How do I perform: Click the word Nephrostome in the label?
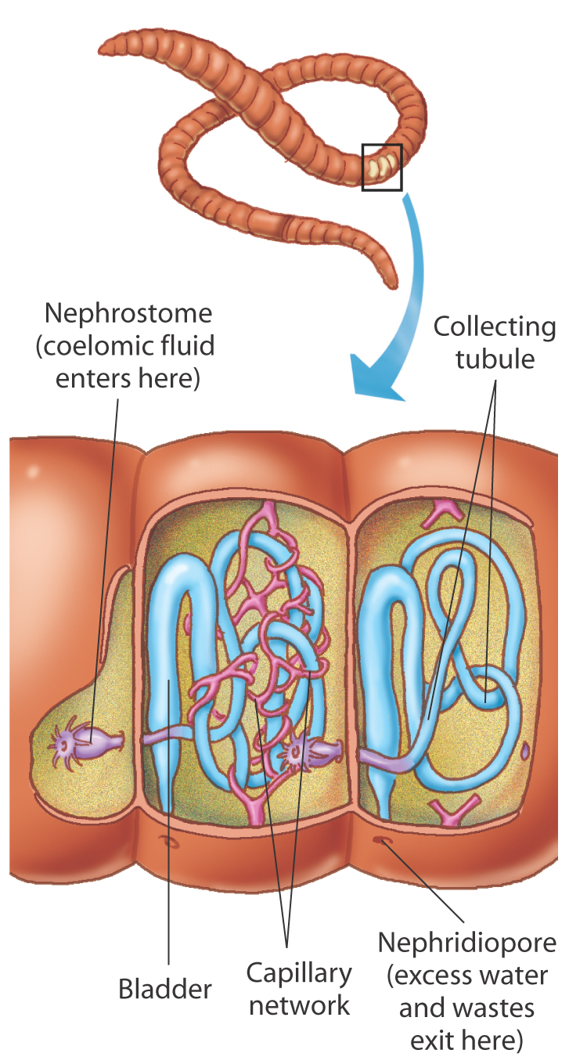click(x=128, y=314)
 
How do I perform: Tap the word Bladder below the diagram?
click(x=165, y=989)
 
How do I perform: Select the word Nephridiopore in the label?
click(x=466, y=943)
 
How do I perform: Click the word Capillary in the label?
click(x=299, y=975)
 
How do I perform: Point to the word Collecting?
click(x=495, y=327)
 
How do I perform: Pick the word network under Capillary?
click(x=299, y=1005)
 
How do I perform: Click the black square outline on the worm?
click(x=382, y=167)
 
